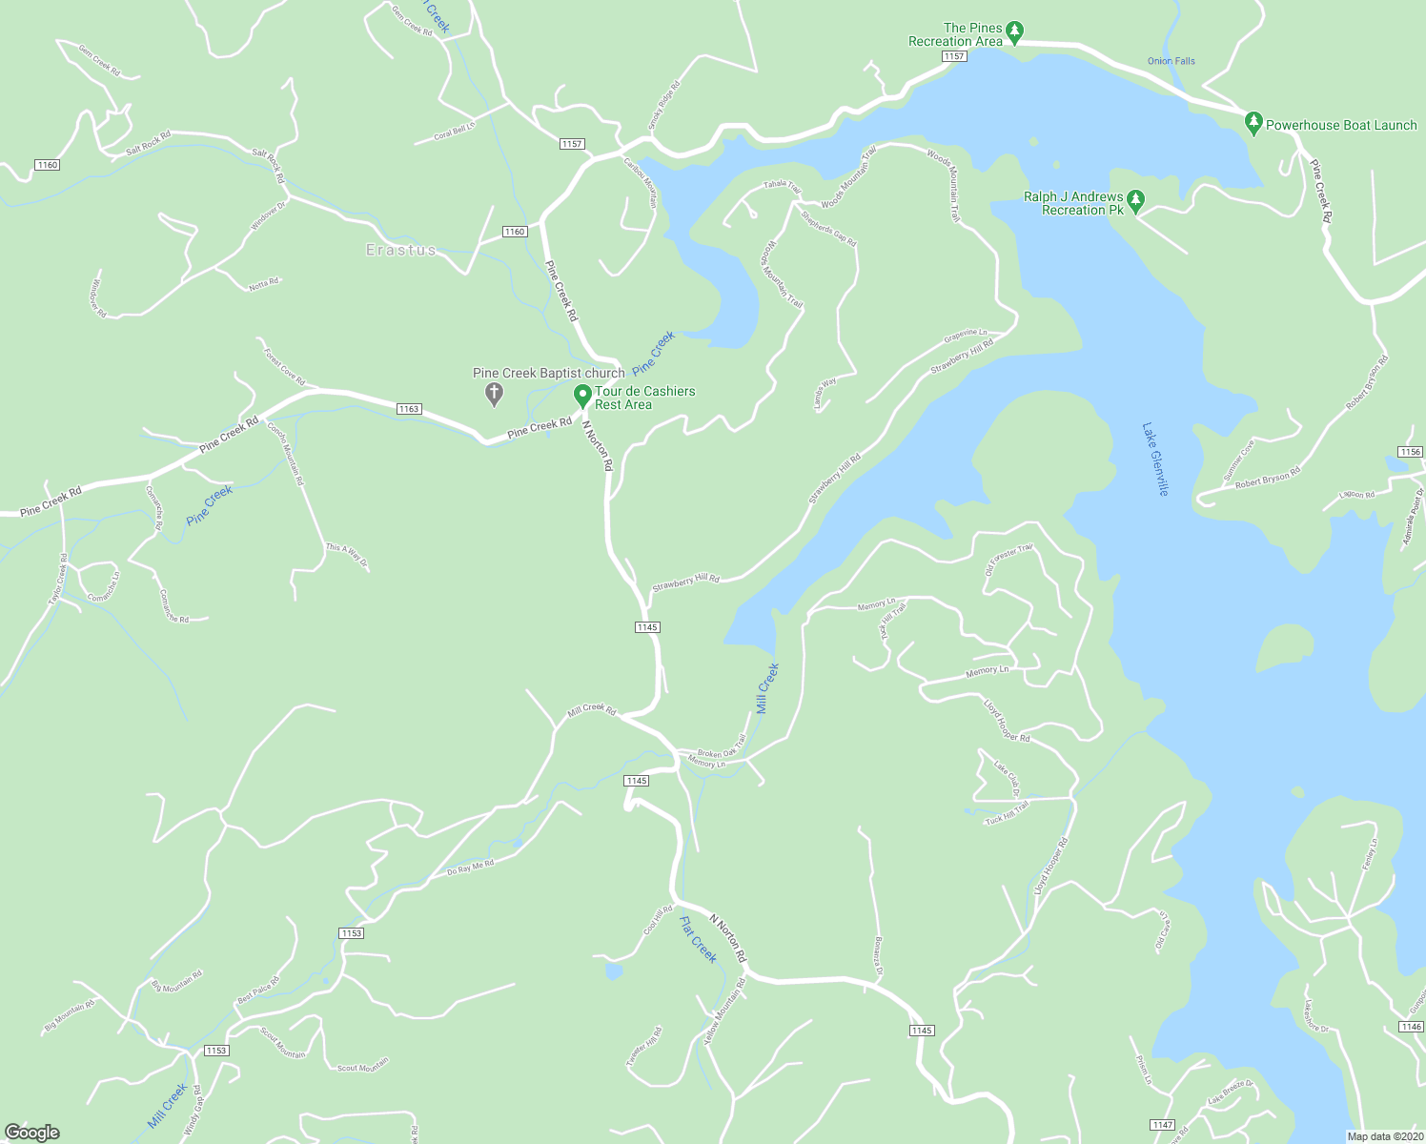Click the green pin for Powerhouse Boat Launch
1253,123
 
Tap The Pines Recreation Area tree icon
1015,32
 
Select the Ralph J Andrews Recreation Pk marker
1135,201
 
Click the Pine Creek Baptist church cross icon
494,392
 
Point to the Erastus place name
401,250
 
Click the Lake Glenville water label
1155,459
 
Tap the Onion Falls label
1171,61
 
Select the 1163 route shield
409,409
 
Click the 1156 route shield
1410,451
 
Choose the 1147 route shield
1162,1125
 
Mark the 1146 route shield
1411,1027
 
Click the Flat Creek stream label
698,939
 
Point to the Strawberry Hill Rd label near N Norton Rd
685,582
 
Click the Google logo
32,1133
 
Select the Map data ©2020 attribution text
1382,1136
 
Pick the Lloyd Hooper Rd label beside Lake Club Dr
1007,720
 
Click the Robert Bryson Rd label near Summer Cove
1268,478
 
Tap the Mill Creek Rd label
592,709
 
